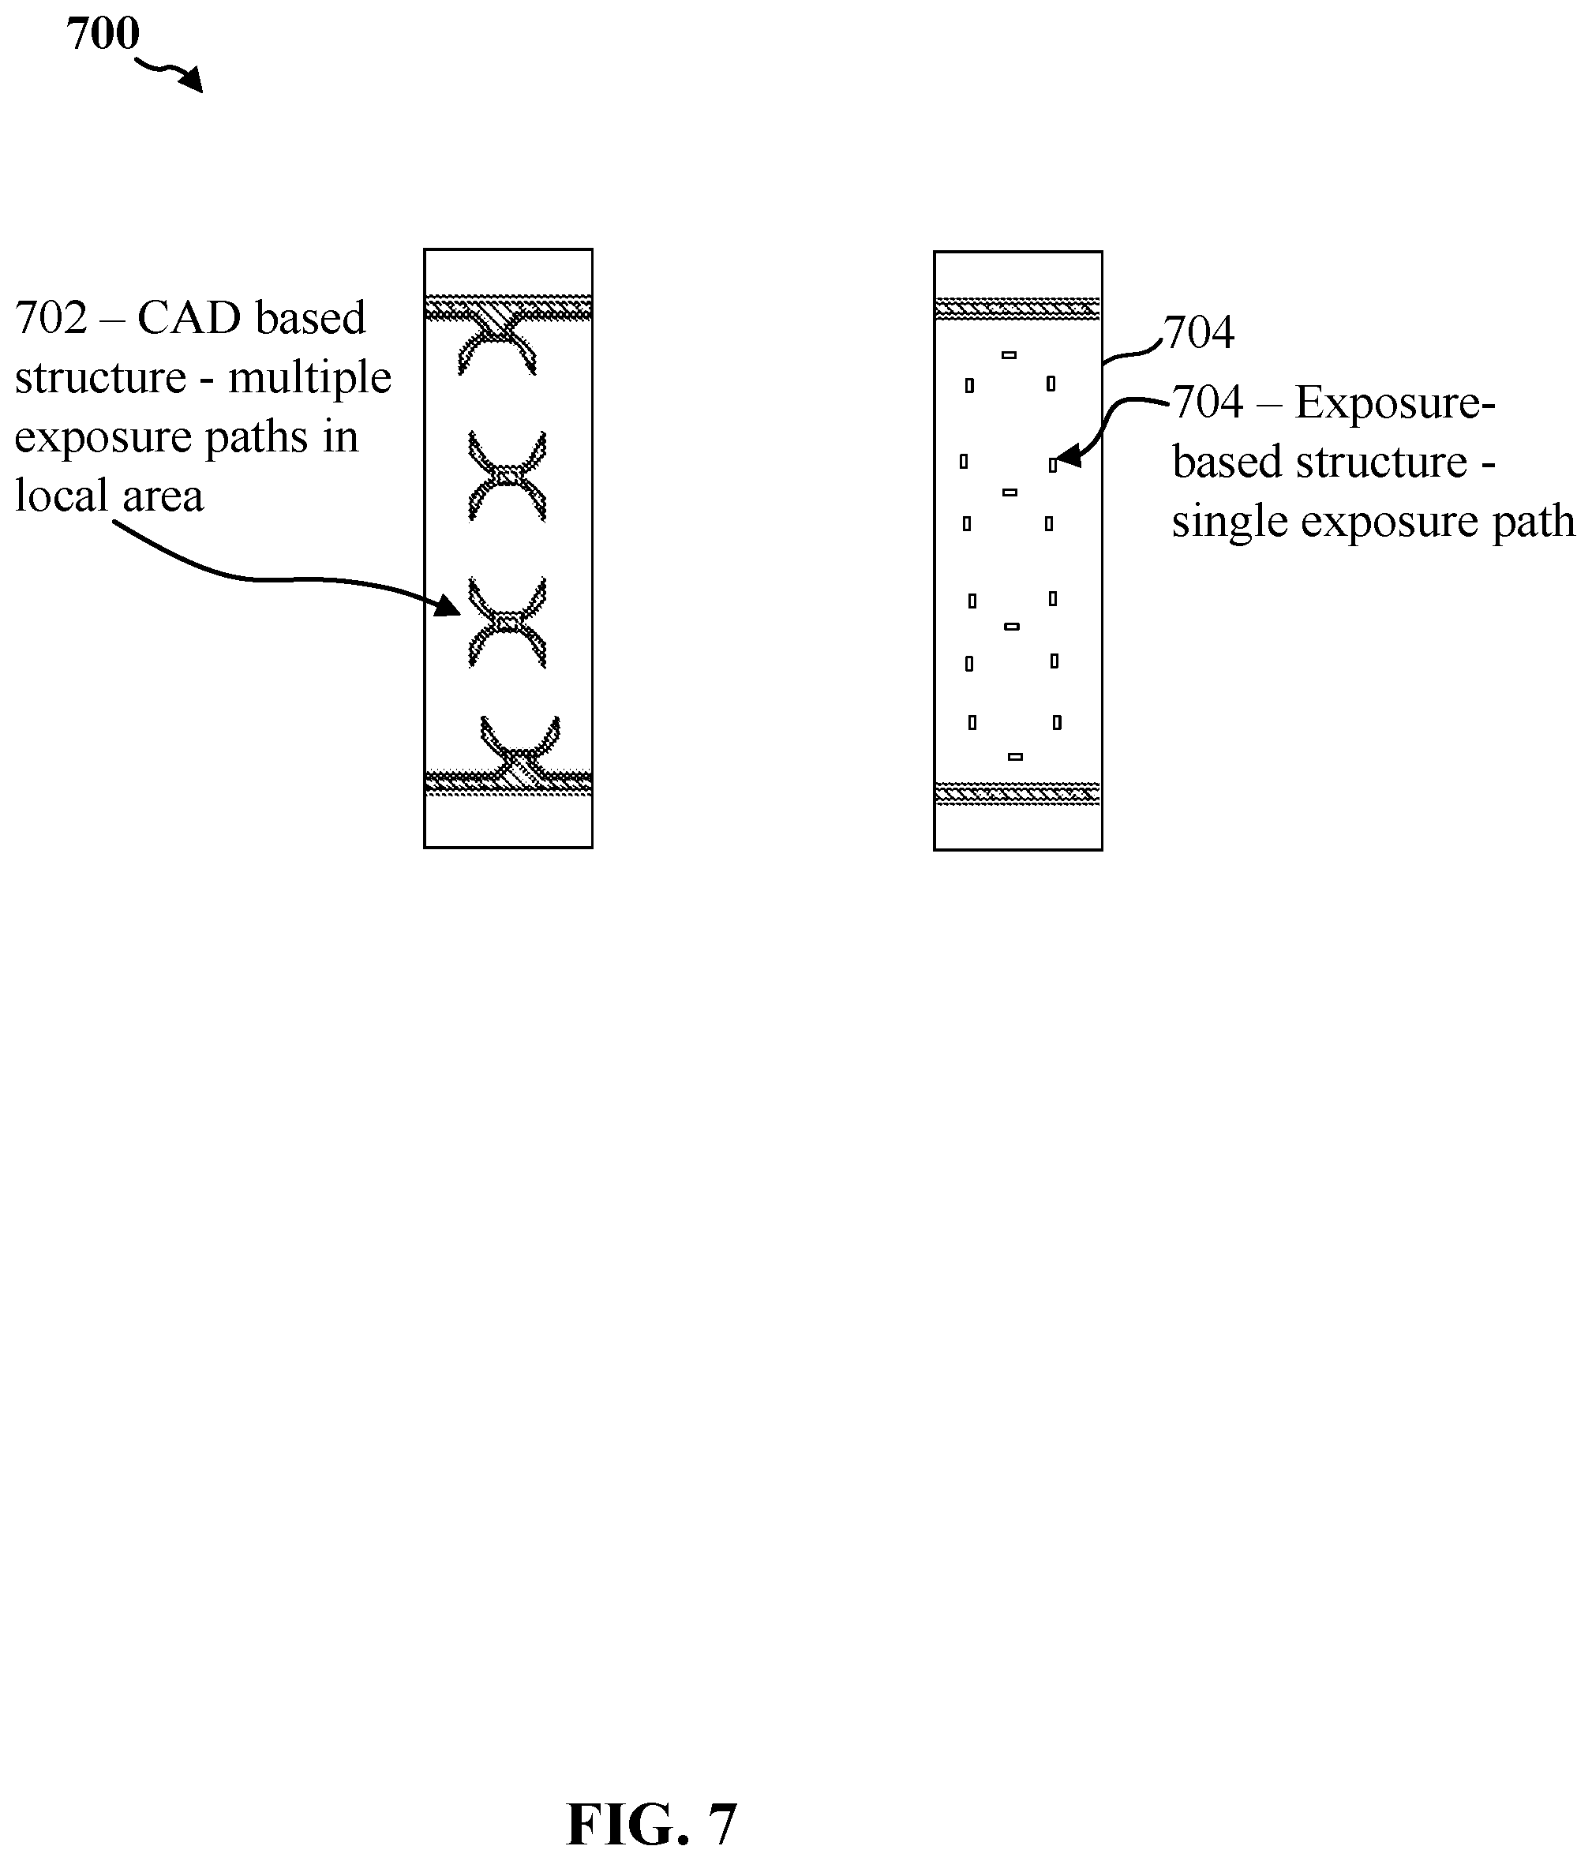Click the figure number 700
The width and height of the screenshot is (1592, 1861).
pos(103,34)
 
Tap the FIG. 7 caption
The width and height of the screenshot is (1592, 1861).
pos(651,1824)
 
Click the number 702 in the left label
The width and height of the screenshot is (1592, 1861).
pos(51,318)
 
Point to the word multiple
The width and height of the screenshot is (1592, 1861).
pos(310,377)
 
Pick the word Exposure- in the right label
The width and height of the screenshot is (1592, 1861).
pos(1395,403)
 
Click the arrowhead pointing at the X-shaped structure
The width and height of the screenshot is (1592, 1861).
pos(448,605)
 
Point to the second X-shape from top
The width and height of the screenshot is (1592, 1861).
pos(508,477)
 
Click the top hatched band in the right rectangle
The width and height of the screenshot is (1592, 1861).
pos(1018,309)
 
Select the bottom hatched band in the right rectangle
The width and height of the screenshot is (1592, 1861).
pos(1018,794)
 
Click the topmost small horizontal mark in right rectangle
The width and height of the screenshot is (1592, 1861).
pos(1009,356)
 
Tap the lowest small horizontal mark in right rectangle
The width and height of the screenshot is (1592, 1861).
pos(1015,757)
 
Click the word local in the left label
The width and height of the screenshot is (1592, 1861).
pos(59,496)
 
